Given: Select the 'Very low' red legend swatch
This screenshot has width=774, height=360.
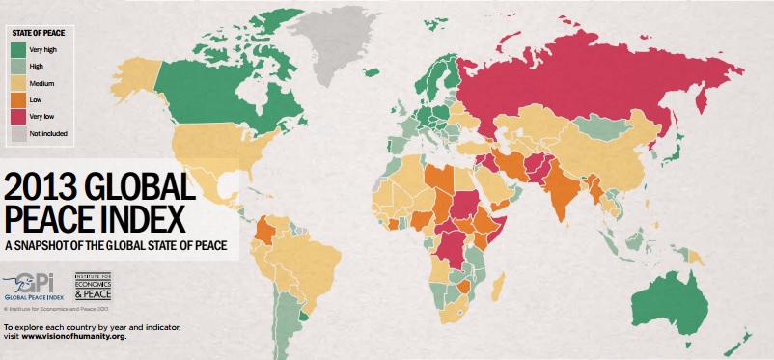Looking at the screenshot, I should pyautogui.click(x=19, y=115).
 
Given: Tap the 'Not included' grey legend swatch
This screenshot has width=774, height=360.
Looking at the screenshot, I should pyautogui.click(x=19, y=132).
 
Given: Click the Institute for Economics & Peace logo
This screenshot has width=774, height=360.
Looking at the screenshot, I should pyautogui.click(x=94, y=285).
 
